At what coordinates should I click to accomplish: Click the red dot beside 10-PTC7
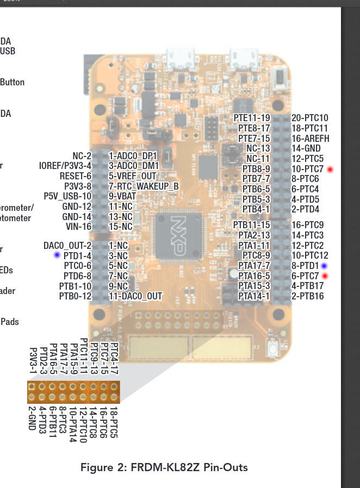[330, 170]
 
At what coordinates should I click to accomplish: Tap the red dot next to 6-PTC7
[325, 276]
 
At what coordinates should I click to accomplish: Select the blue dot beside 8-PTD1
[324, 266]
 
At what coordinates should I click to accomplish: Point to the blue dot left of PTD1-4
[57, 255]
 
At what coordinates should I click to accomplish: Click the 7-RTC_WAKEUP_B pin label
[144, 186]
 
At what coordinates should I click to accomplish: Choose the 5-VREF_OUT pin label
[132, 176]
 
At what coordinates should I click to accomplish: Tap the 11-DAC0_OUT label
[135, 296]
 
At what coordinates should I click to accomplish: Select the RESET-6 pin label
[76, 176]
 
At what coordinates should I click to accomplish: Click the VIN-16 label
[77, 227]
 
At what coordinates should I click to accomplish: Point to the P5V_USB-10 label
[68, 196]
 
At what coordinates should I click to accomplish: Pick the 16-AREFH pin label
[310, 139]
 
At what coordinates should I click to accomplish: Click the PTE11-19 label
[252, 118]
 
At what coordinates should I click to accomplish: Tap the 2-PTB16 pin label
[308, 296]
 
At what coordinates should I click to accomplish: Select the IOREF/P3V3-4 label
[65, 166]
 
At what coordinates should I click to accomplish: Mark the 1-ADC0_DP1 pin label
[133, 156]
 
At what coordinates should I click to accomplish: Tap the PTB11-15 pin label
[252, 225]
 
